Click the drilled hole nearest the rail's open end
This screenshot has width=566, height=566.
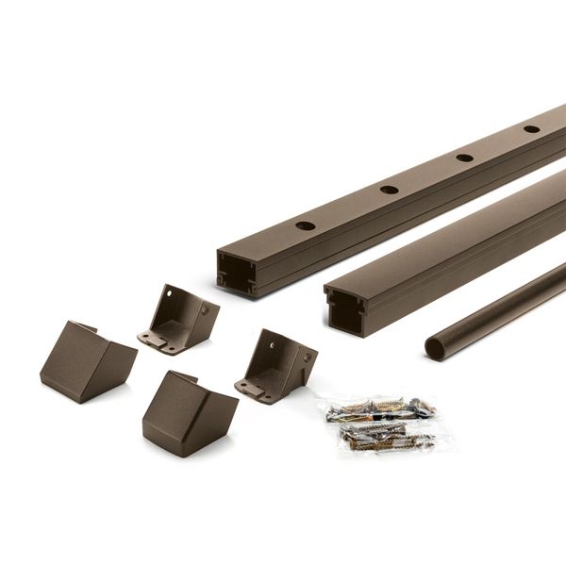point(305,226)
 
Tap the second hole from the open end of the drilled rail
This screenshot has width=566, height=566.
point(389,190)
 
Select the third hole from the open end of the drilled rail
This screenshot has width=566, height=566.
point(464,157)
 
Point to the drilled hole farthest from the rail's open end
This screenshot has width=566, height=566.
point(531,128)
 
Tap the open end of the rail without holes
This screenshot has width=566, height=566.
point(346,309)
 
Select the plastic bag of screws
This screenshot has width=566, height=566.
point(381,422)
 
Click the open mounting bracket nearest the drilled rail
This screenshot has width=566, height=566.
point(179,317)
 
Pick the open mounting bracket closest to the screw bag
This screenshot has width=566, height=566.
point(276,364)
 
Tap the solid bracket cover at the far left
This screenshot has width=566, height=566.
point(86,361)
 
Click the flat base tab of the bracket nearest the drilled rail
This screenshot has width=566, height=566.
point(156,340)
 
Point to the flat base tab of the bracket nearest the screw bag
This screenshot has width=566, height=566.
point(253,387)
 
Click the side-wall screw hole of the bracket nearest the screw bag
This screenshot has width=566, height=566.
point(303,358)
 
